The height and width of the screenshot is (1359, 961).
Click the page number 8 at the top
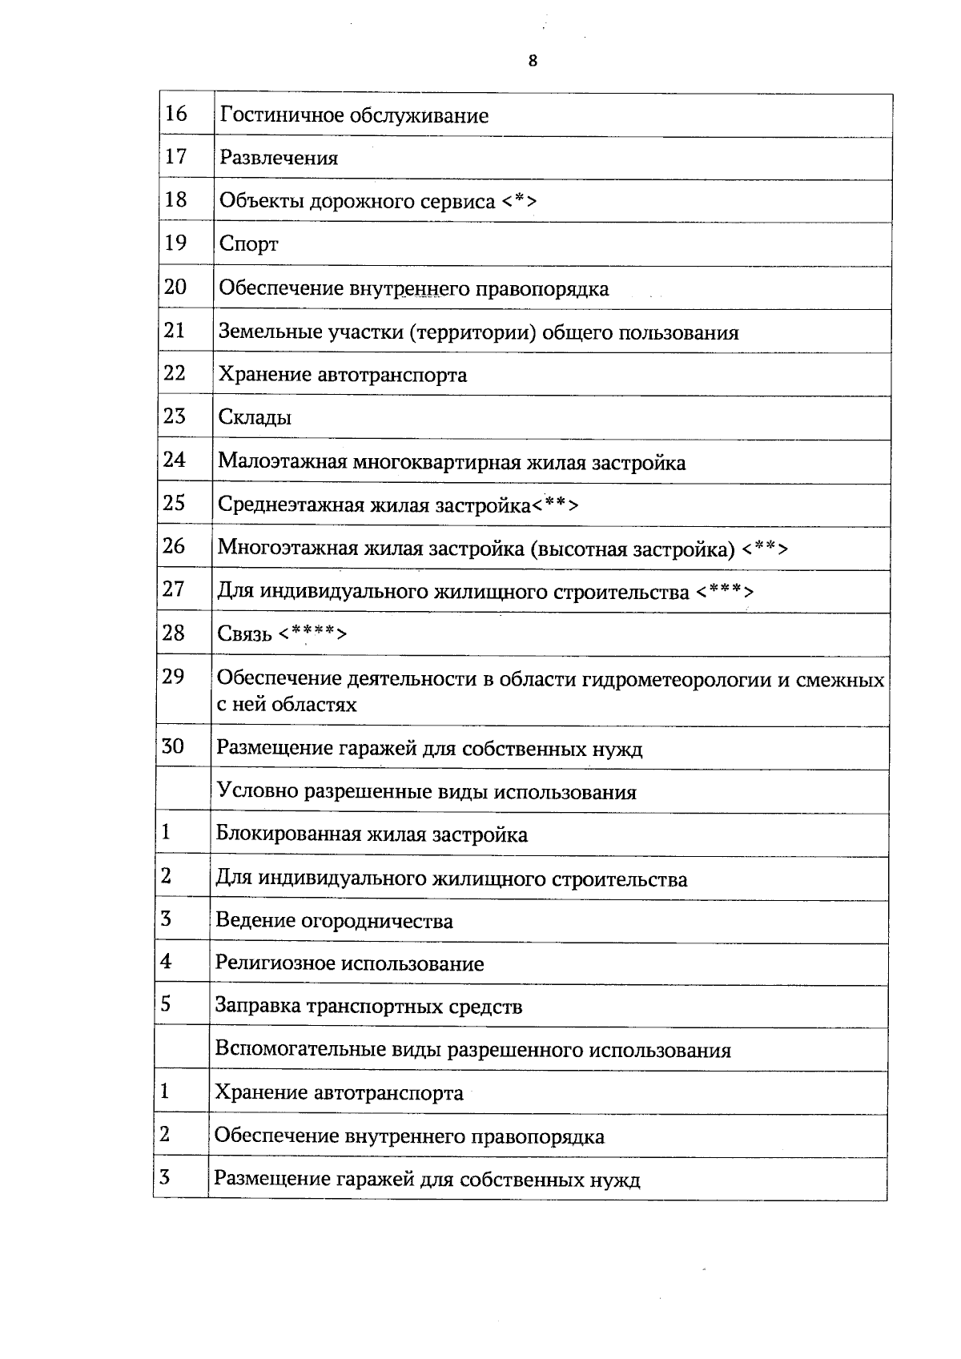533,61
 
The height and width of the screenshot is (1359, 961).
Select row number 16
175,114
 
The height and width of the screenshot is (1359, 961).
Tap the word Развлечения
279,158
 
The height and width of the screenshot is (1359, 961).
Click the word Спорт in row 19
248,243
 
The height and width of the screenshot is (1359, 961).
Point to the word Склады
255,417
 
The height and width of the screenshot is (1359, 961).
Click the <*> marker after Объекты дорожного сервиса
520,201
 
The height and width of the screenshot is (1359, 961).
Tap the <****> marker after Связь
313,634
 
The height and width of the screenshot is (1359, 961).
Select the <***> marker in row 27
724,592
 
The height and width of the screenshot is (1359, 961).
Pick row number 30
173,746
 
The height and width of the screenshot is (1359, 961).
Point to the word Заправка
258,1007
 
